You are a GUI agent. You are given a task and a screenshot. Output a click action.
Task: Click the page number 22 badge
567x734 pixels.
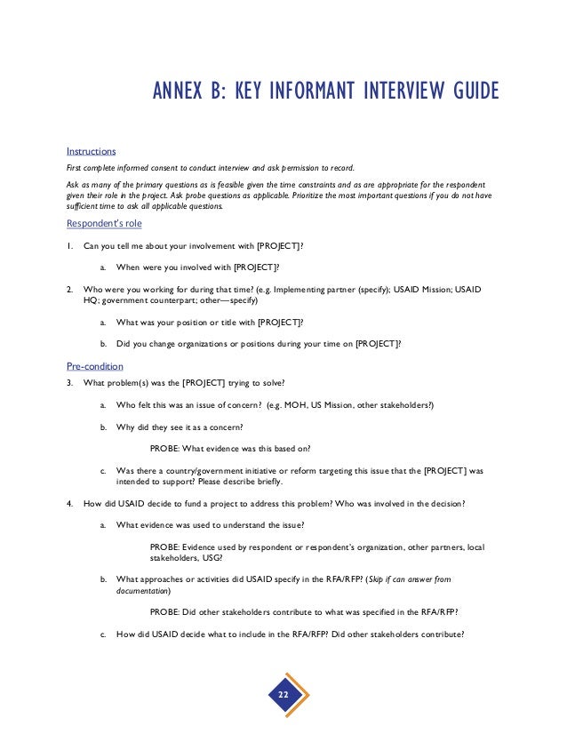[283, 692]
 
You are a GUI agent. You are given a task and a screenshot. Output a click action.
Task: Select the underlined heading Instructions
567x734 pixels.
[92, 150]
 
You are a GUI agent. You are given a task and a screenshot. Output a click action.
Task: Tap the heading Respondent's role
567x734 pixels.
[104, 223]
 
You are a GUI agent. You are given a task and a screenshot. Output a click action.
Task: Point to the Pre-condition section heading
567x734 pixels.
[95, 365]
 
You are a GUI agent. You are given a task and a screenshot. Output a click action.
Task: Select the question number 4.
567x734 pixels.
[70, 504]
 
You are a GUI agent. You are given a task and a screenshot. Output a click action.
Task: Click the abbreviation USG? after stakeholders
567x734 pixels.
[211, 558]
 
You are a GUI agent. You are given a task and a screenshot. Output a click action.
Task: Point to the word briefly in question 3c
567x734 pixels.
[265, 482]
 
